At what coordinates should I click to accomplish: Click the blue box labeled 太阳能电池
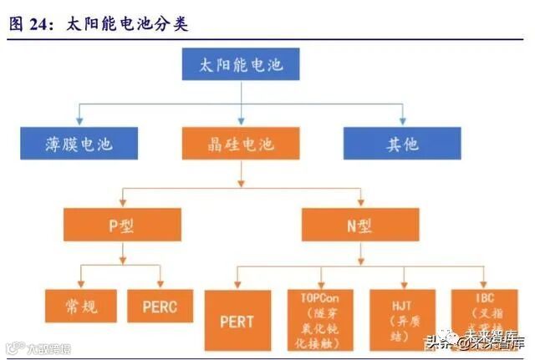(241, 63)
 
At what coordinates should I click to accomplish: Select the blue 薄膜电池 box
(79, 144)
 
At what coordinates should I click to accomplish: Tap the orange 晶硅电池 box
(240, 144)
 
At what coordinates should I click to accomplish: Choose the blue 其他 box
(402, 144)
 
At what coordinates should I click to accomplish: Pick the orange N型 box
(360, 226)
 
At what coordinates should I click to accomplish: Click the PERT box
(237, 320)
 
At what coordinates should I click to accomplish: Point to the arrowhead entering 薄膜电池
(79, 123)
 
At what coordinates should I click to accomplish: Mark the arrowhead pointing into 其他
(402, 123)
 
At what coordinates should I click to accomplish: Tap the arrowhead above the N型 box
(360, 205)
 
